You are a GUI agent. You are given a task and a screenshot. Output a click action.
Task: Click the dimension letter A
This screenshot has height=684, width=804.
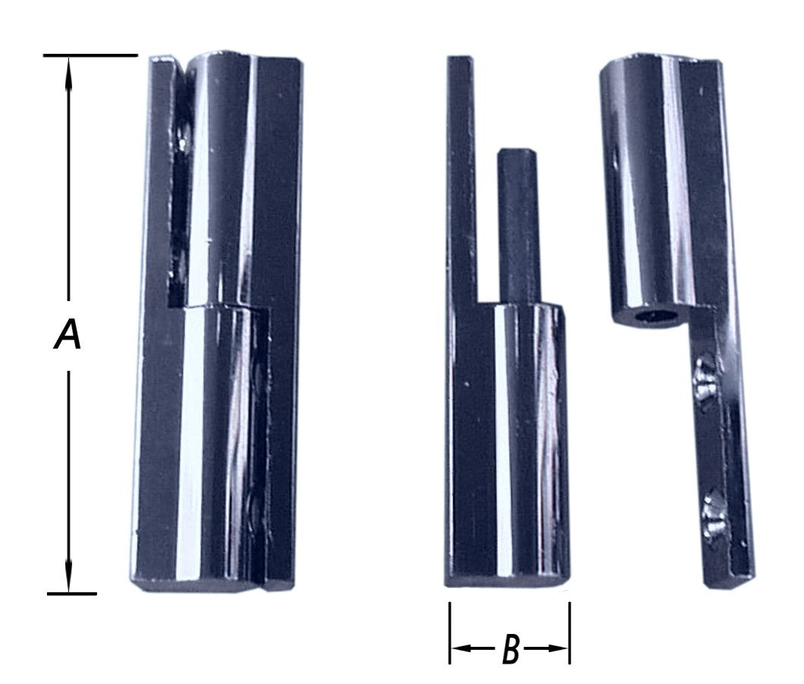[68, 334]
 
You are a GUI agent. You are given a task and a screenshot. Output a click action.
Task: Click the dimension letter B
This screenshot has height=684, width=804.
[510, 649]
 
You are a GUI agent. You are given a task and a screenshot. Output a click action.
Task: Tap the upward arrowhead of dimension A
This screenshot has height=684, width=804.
[68, 74]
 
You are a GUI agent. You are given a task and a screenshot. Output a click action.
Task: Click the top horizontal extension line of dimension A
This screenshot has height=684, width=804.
[90, 55]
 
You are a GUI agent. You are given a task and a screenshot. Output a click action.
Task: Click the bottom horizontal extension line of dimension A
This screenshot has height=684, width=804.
[72, 594]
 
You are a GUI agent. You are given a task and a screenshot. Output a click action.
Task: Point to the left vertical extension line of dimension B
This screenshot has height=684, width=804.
[450, 633]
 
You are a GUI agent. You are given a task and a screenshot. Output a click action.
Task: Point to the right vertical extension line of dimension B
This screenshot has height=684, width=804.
[570, 633]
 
